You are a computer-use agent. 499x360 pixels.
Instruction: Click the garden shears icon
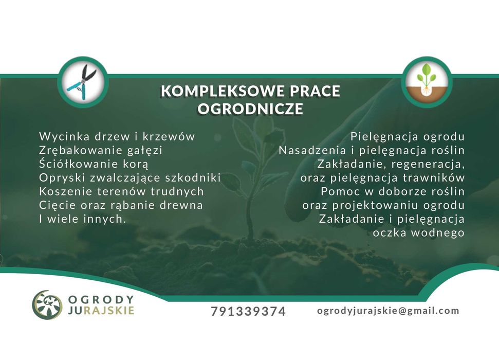(x=82, y=82)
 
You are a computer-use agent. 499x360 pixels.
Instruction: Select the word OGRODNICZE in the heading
(x=250, y=109)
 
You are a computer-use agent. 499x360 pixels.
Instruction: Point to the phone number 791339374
(x=248, y=311)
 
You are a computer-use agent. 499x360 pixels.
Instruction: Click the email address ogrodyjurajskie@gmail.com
(x=388, y=311)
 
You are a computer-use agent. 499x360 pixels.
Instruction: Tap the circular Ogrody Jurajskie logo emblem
(x=47, y=305)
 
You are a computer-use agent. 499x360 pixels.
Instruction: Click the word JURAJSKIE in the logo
(x=101, y=310)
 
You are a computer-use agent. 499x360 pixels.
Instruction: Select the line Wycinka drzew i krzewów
(x=117, y=136)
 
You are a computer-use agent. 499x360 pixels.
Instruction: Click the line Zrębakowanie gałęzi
(x=101, y=150)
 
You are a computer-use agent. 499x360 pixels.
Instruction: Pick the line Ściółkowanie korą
(x=94, y=164)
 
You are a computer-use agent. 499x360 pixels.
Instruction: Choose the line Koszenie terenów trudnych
(x=121, y=191)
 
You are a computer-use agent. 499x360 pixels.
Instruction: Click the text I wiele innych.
(x=83, y=219)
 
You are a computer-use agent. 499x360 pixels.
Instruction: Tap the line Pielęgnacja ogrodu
(x=408, y=137)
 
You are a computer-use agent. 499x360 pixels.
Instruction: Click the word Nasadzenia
(x=312, y=150)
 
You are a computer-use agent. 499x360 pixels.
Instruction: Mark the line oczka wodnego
(x=418, y=233)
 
